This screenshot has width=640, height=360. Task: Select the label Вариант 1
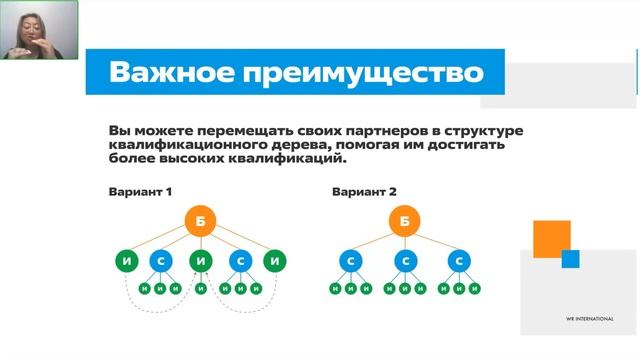coord(142,192)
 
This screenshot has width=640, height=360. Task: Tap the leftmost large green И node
coord(125,261)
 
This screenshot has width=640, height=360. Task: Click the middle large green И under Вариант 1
coord(201,261)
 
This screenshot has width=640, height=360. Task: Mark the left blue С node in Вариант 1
coord(162,261)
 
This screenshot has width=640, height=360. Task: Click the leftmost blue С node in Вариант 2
coord(351,261)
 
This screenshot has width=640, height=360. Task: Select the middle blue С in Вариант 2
coord(405,261)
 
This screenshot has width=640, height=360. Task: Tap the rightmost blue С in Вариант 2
coord(459,261)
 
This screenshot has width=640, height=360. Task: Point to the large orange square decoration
coord(550,238)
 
